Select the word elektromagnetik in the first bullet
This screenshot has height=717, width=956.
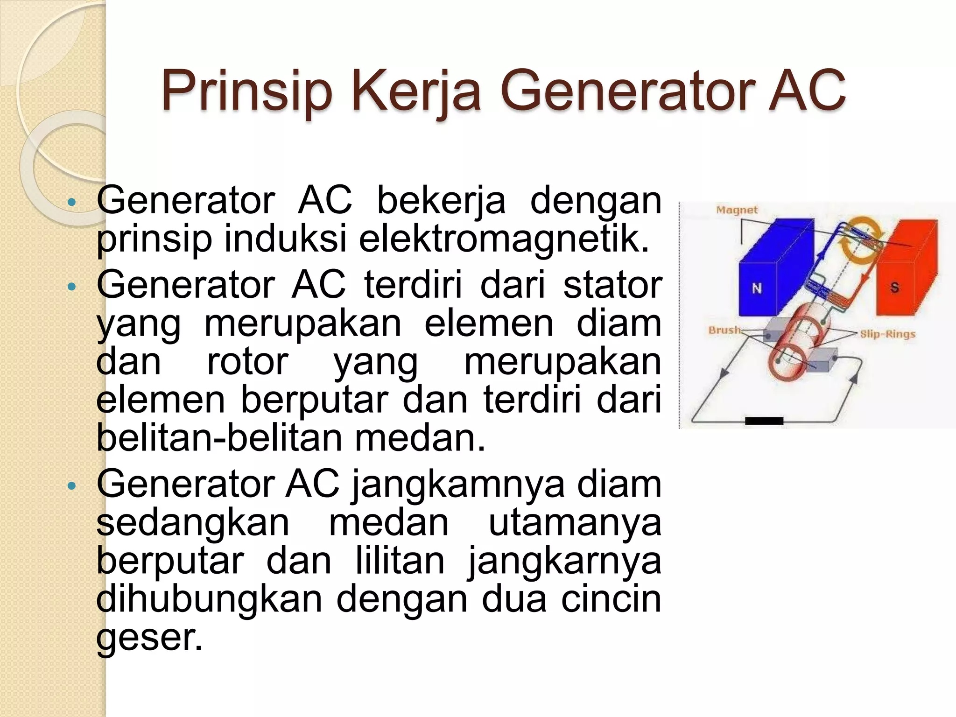pyautogui.click(x=504, y=239)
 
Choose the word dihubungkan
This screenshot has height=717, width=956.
pyautogui.click(x=209, y=599)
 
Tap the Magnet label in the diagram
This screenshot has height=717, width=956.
pyautogui.click(x=737, y=211)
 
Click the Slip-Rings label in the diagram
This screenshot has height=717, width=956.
pyautogui.click(x=887, y=334)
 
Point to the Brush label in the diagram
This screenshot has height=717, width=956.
pyautogui.click(x=724, y=330)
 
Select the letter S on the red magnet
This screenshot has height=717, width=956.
pyautogui.click(x=894, y=288)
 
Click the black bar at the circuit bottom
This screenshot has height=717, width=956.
pyautogui.click(x=764, y=421)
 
